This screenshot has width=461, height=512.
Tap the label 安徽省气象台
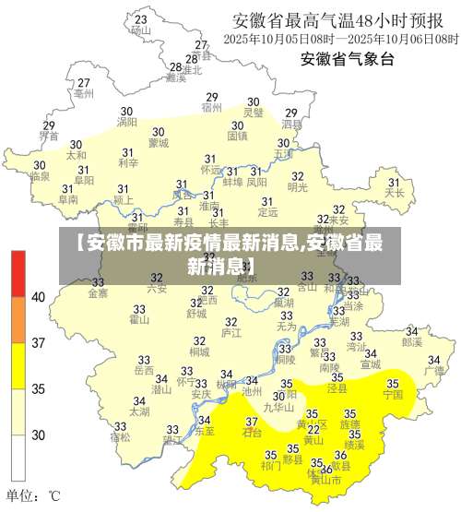[x=347, y=60]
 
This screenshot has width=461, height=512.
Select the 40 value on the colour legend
[x=39, y=297]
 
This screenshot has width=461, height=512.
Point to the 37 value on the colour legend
[x=39, y=343]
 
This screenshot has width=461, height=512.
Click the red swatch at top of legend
[x=18, y=274]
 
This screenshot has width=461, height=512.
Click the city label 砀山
[x=140, y=30]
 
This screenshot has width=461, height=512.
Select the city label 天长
[x=395, y=194]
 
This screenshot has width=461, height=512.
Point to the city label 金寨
[x=97, y=293]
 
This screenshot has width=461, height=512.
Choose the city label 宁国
[x=393, y=394]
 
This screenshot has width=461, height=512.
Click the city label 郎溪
[x=411, y=341]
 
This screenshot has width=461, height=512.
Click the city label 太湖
[x=139, y=411]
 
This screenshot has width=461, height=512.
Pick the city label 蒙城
[x=158, y=143]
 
